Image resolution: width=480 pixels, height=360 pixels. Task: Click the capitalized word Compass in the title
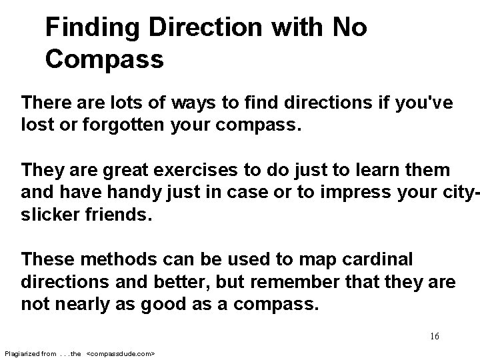[105, 59]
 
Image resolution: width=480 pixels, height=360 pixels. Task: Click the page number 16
[434, 336]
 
